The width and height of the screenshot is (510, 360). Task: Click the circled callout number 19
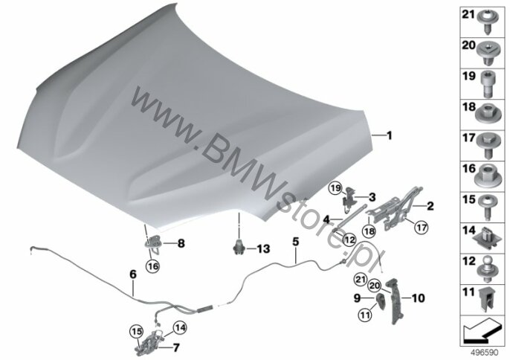click(x=335, y=188)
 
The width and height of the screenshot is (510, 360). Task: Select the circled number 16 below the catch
click(x=153, y=266)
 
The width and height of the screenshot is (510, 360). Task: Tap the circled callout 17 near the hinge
click(x=422, y=228)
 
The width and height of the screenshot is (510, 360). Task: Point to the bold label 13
click(x=263, y=249)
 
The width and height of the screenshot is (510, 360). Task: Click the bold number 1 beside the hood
click(x=389, y=135)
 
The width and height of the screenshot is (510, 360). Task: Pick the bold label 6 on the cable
click(x=133, y=274)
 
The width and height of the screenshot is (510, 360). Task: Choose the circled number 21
click(x=361, y=280)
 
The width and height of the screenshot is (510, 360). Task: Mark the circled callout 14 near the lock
click(x=180, y=328)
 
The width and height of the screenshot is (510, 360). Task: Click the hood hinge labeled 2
click(x=395, y=208)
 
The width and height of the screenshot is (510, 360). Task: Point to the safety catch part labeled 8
click(x=152, y=242)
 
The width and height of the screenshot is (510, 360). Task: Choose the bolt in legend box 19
click(x=487, y=84)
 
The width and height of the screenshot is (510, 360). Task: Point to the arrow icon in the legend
click(x=482, y=330)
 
